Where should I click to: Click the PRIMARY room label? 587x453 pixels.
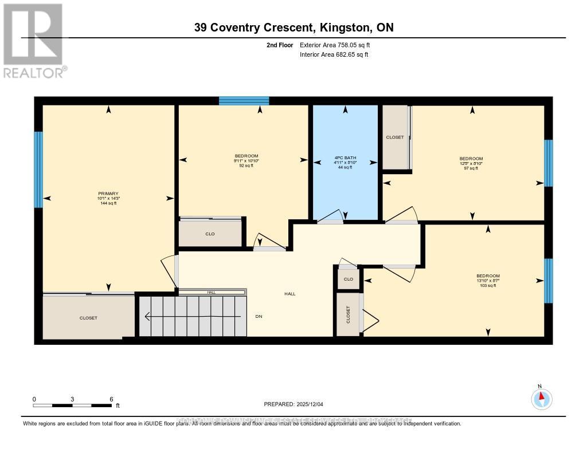click(108, 194)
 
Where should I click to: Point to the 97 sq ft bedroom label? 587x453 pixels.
click(471, 159)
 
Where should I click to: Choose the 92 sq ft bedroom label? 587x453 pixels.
click(246, 156)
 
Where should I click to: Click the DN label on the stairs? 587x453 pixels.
click(259, 317)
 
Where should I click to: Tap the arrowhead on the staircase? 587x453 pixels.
click(148, 316)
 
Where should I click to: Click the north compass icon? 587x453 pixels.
click(541, 397)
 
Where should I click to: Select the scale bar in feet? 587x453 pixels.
click(72, 405)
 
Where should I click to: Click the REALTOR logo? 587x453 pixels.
click(33, 40)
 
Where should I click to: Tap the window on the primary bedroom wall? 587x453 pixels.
click(38, 170)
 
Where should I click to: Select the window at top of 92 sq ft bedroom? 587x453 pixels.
click(244, 101)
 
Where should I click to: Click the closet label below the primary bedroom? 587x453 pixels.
click(88, 318)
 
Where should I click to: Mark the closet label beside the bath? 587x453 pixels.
click(394, 137)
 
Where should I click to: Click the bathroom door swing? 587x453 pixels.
click(331, 216)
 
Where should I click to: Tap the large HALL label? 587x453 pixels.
click(289, 294)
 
